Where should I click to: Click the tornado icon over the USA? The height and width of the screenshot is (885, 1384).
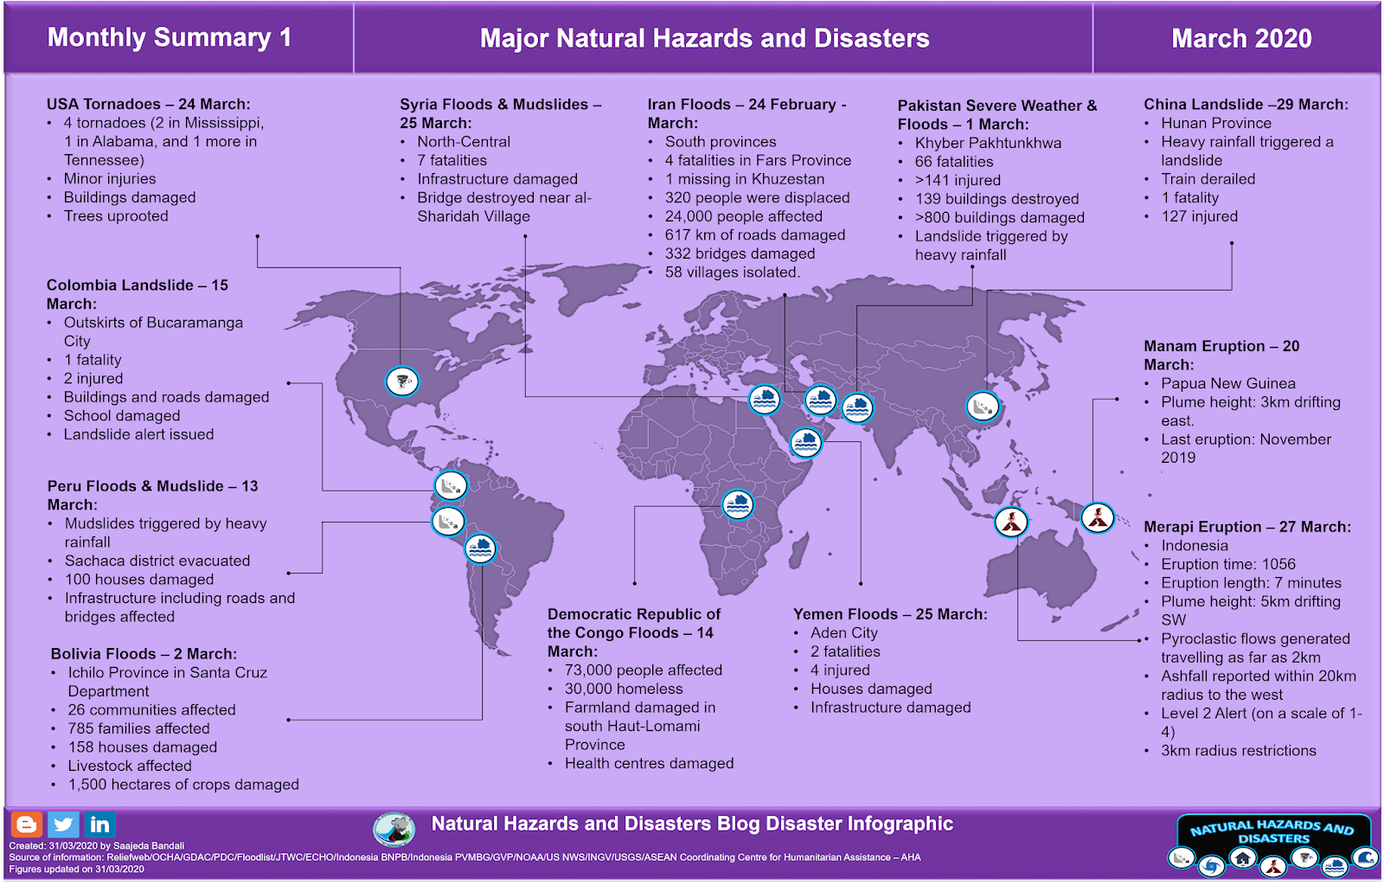pos(401,381)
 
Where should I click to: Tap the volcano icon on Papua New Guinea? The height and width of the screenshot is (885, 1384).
pos(1098,518)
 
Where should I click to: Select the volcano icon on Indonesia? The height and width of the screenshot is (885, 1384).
pos(1011,522)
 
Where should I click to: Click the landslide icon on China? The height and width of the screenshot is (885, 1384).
pos(983,406)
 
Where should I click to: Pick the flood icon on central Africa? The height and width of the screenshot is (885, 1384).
pos(738,503)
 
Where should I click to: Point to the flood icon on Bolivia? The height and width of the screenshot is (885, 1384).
pos(480,548)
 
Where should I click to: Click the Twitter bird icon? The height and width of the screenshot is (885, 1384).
pos(63,824)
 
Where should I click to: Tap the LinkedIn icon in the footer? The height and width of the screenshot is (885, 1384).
pos(99,824)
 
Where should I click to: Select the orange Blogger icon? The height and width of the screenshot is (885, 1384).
pos(27,824)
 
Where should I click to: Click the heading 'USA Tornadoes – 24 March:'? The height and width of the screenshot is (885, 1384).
pos(148,105)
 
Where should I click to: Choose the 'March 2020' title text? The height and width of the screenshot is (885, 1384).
pos(1241,39)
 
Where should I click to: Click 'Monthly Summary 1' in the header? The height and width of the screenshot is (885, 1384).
pos(170,38)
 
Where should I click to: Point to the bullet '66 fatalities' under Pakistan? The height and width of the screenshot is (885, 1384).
pos(954,162)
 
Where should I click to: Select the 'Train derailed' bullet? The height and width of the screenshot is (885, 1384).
pos(1208,179)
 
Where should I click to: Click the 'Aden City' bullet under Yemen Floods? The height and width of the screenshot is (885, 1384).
pos(843,633)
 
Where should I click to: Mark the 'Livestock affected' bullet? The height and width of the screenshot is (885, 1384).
pos(130,766)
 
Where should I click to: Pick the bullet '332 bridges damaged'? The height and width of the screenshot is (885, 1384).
pos(740,253)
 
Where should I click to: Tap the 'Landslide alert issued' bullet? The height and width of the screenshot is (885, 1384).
pos(138,434)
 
